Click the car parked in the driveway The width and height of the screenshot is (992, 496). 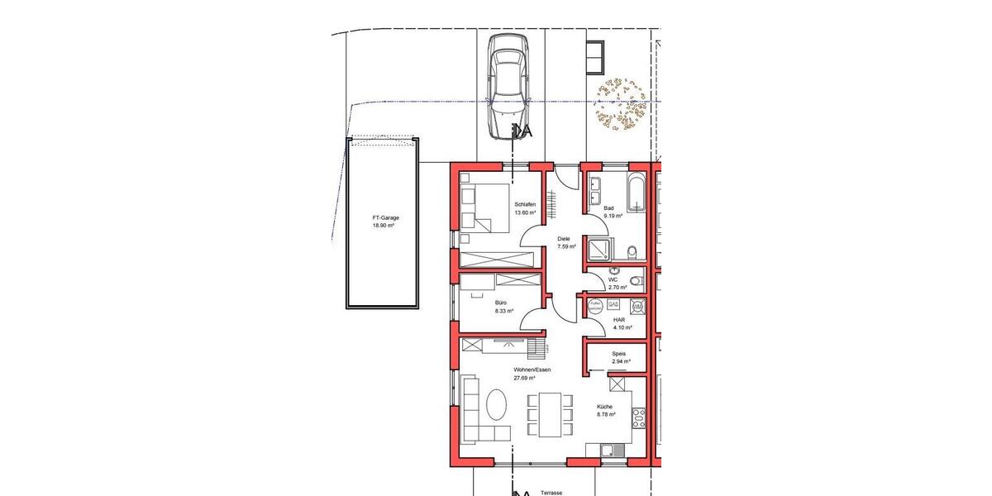(508, 86)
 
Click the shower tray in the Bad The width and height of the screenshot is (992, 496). (599, 248)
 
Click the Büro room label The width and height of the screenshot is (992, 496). (502, 307)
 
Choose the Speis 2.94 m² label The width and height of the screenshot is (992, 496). (620, 357)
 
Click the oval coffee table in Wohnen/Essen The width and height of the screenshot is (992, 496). (497, 407)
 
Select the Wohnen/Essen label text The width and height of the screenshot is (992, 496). (532, 370)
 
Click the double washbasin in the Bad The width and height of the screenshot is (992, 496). (595, 190)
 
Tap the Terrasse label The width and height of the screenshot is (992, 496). (551, 492)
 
